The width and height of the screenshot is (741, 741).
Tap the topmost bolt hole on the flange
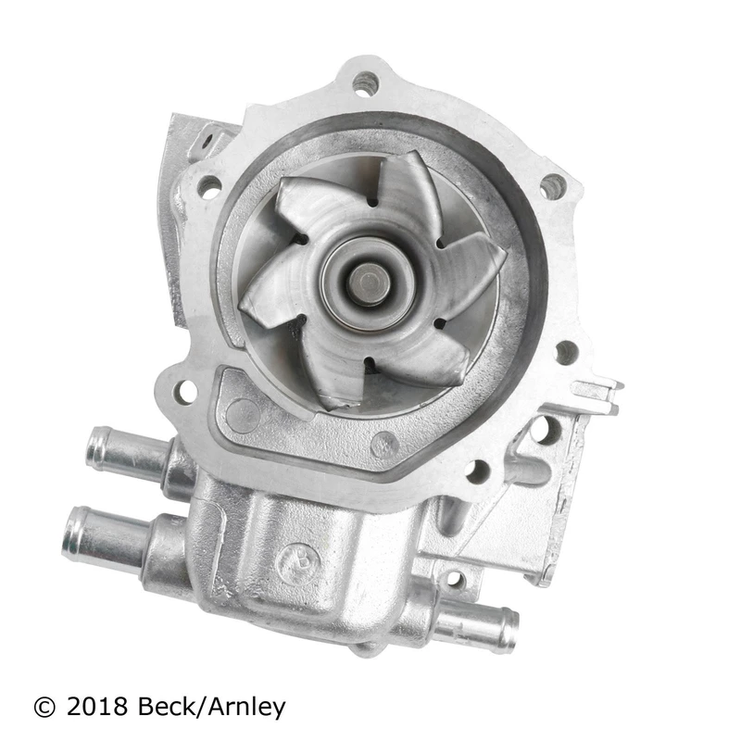[365, 84]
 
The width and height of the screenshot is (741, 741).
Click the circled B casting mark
[299, 562]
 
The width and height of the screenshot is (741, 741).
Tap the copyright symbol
[44, 708]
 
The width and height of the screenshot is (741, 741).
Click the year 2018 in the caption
[97, 707]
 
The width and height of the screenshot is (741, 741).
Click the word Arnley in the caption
[246, 709]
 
